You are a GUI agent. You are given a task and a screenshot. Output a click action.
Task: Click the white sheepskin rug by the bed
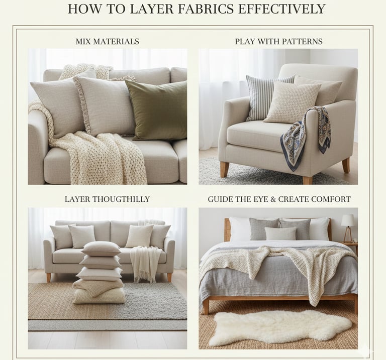[280, 327]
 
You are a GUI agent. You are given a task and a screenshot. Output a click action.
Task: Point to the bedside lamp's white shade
[348, 220]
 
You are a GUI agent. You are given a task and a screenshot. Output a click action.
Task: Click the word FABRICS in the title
[205, 9]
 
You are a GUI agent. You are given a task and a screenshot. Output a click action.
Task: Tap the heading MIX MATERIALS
[108, 41]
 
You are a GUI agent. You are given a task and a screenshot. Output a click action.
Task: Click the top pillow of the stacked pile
[101, 249]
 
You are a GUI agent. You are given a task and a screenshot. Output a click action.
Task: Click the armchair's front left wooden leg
[225, 169]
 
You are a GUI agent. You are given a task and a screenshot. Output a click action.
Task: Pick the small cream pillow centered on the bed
[280, 233]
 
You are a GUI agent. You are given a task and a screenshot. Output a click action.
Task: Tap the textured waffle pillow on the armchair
[292, 102]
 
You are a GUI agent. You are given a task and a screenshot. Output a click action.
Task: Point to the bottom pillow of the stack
[99, 296]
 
